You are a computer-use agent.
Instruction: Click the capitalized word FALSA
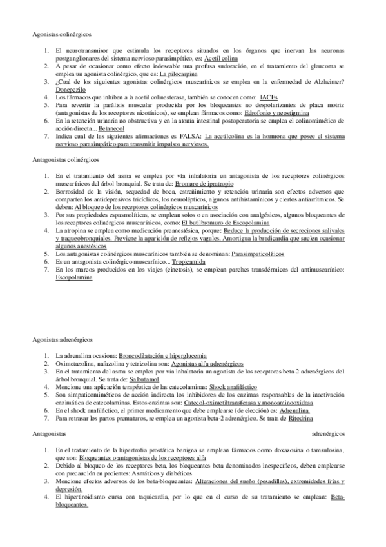click(x=189, y=135)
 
